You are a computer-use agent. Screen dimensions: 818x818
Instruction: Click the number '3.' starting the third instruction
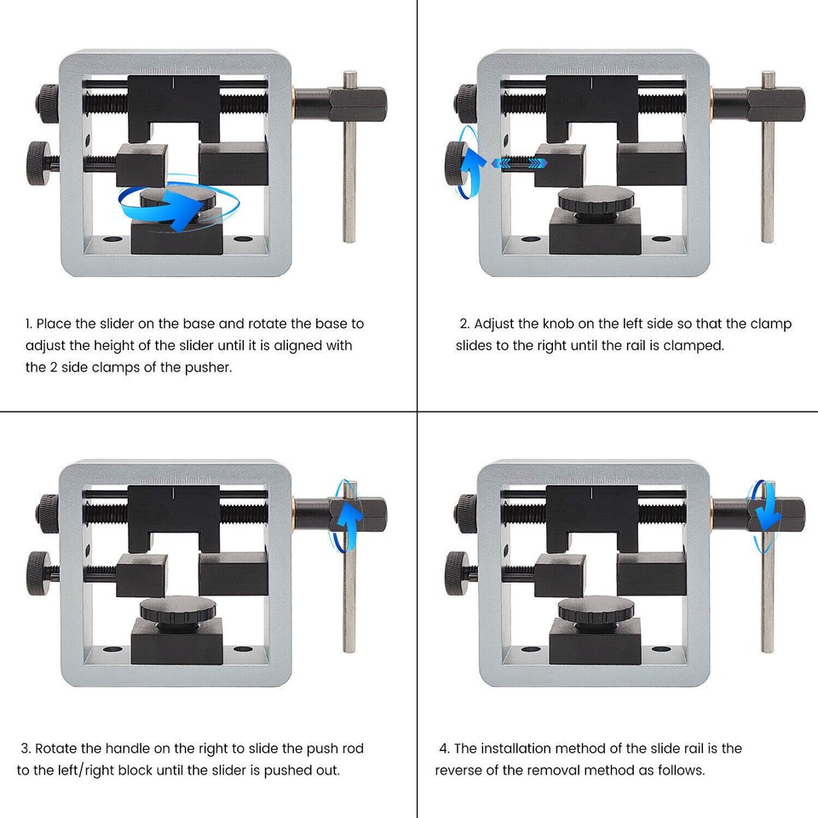coord(26,748)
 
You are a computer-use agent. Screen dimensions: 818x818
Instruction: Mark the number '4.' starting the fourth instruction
coord(444,748)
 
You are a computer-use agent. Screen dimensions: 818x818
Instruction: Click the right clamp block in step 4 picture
coord(651,573)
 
